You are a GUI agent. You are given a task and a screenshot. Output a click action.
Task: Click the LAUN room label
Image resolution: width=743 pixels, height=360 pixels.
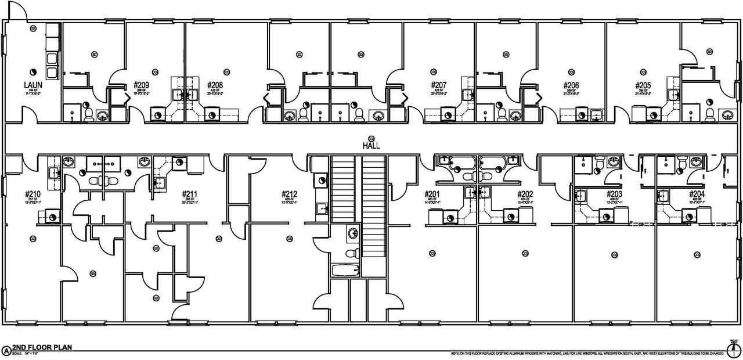pyautogui.click(x=31, y=85)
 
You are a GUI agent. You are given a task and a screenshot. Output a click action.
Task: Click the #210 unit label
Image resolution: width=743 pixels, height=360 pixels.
pyautogui.click(x=33, y=194)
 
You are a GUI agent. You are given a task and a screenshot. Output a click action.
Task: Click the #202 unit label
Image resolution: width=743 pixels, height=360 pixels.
pyautogui.click(x=525, y=194)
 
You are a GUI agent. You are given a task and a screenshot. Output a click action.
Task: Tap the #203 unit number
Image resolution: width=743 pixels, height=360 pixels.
pyautogui.click(x=614, y=194)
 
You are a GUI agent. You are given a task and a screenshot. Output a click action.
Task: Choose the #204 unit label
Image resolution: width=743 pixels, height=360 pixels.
pyautogui.click(x=697, y=194)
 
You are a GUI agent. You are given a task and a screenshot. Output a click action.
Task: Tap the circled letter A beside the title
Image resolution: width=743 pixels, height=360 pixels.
pyautogui.click(x=6, y=350)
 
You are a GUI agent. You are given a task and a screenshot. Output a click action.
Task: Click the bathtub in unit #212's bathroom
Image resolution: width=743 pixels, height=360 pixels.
pyautogui.click(x=345, y=271)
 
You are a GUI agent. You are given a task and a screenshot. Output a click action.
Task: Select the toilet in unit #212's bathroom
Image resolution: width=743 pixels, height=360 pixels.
pyautogui.click(x=349, y=253)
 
